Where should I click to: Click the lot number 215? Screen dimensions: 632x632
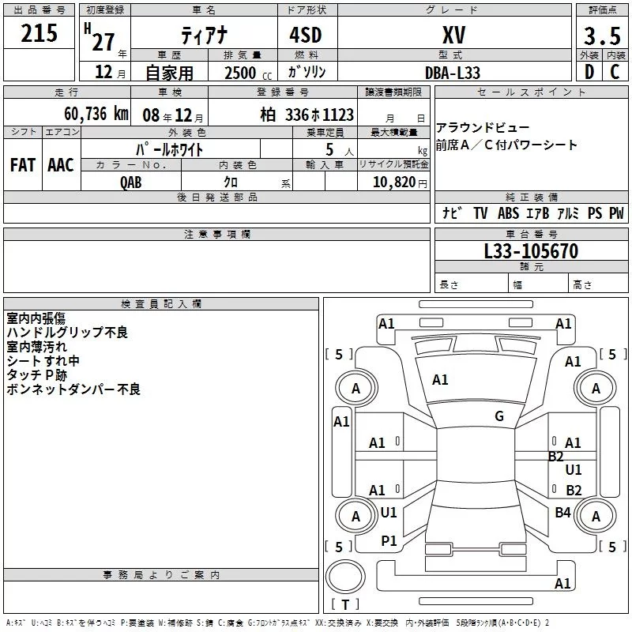(x=39, y=33)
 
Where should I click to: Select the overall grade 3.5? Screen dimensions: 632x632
(x=602, y=36)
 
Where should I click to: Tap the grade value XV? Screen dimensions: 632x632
(x=453, y=35)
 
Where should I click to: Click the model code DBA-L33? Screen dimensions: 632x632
(x=453, y=73)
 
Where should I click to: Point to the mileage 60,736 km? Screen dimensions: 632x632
(x=96, y=114)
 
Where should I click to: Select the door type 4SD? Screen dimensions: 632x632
(x=306, y=35)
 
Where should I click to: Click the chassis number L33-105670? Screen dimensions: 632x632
(x=531, y=250)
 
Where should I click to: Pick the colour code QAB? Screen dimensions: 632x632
(x=131, y=182)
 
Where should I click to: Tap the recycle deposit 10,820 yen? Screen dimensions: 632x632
(x=400, y=182)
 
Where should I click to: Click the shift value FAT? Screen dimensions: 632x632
(x=23, y=165)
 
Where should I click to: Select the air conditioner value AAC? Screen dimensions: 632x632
(x=61, y=165)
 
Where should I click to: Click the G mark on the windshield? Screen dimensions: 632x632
(x=499, y=416)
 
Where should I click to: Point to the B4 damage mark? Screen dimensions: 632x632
(x=562, y=512)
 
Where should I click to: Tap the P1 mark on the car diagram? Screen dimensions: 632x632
(x=389, y=541)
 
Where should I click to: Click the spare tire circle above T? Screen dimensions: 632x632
(x=345, y=577)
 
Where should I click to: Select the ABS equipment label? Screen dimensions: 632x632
(x=508, y=213)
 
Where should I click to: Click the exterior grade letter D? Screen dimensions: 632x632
(x=589, y=72)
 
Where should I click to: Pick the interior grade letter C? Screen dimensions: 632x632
(x=615, y=72)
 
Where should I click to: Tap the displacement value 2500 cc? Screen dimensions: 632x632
(x=248, y=73)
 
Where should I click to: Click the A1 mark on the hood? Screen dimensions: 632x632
(x=440, y=380)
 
